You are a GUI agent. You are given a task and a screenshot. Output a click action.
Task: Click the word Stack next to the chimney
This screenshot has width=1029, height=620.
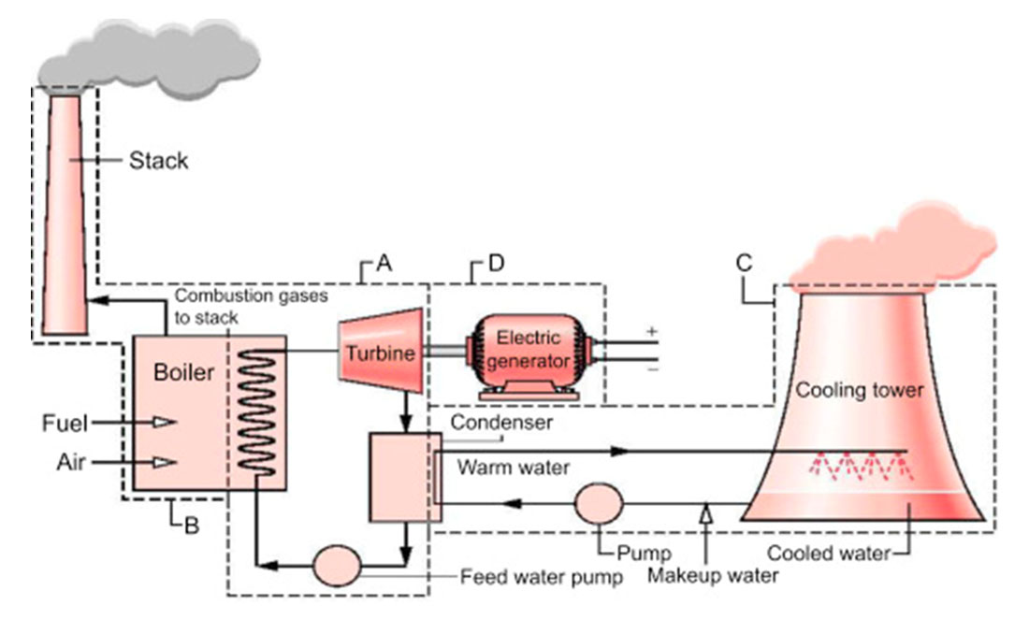[x=158, y=161]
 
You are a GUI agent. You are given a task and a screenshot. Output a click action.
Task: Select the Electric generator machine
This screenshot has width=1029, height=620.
[x=530, y=352]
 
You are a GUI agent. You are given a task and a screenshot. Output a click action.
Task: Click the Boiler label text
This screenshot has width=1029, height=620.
[x=184, y=372]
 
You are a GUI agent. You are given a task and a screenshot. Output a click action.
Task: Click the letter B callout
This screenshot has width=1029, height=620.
[x=190, y=526]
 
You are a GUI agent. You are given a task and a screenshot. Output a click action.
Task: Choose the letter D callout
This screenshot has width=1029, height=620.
[x=496, y=265]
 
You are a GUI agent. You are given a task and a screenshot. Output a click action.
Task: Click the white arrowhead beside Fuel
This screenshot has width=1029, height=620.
[x=165, y=423]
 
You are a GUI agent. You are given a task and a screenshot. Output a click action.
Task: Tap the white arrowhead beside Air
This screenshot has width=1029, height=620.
[x=165, y=462]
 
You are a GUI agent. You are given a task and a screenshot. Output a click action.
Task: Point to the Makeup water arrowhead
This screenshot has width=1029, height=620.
[x=707, y=511]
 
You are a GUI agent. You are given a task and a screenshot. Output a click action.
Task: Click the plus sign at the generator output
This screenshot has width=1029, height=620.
[x=651, y=332]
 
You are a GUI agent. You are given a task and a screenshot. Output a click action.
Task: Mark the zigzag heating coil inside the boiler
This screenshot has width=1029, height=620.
[x=255, y=411]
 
